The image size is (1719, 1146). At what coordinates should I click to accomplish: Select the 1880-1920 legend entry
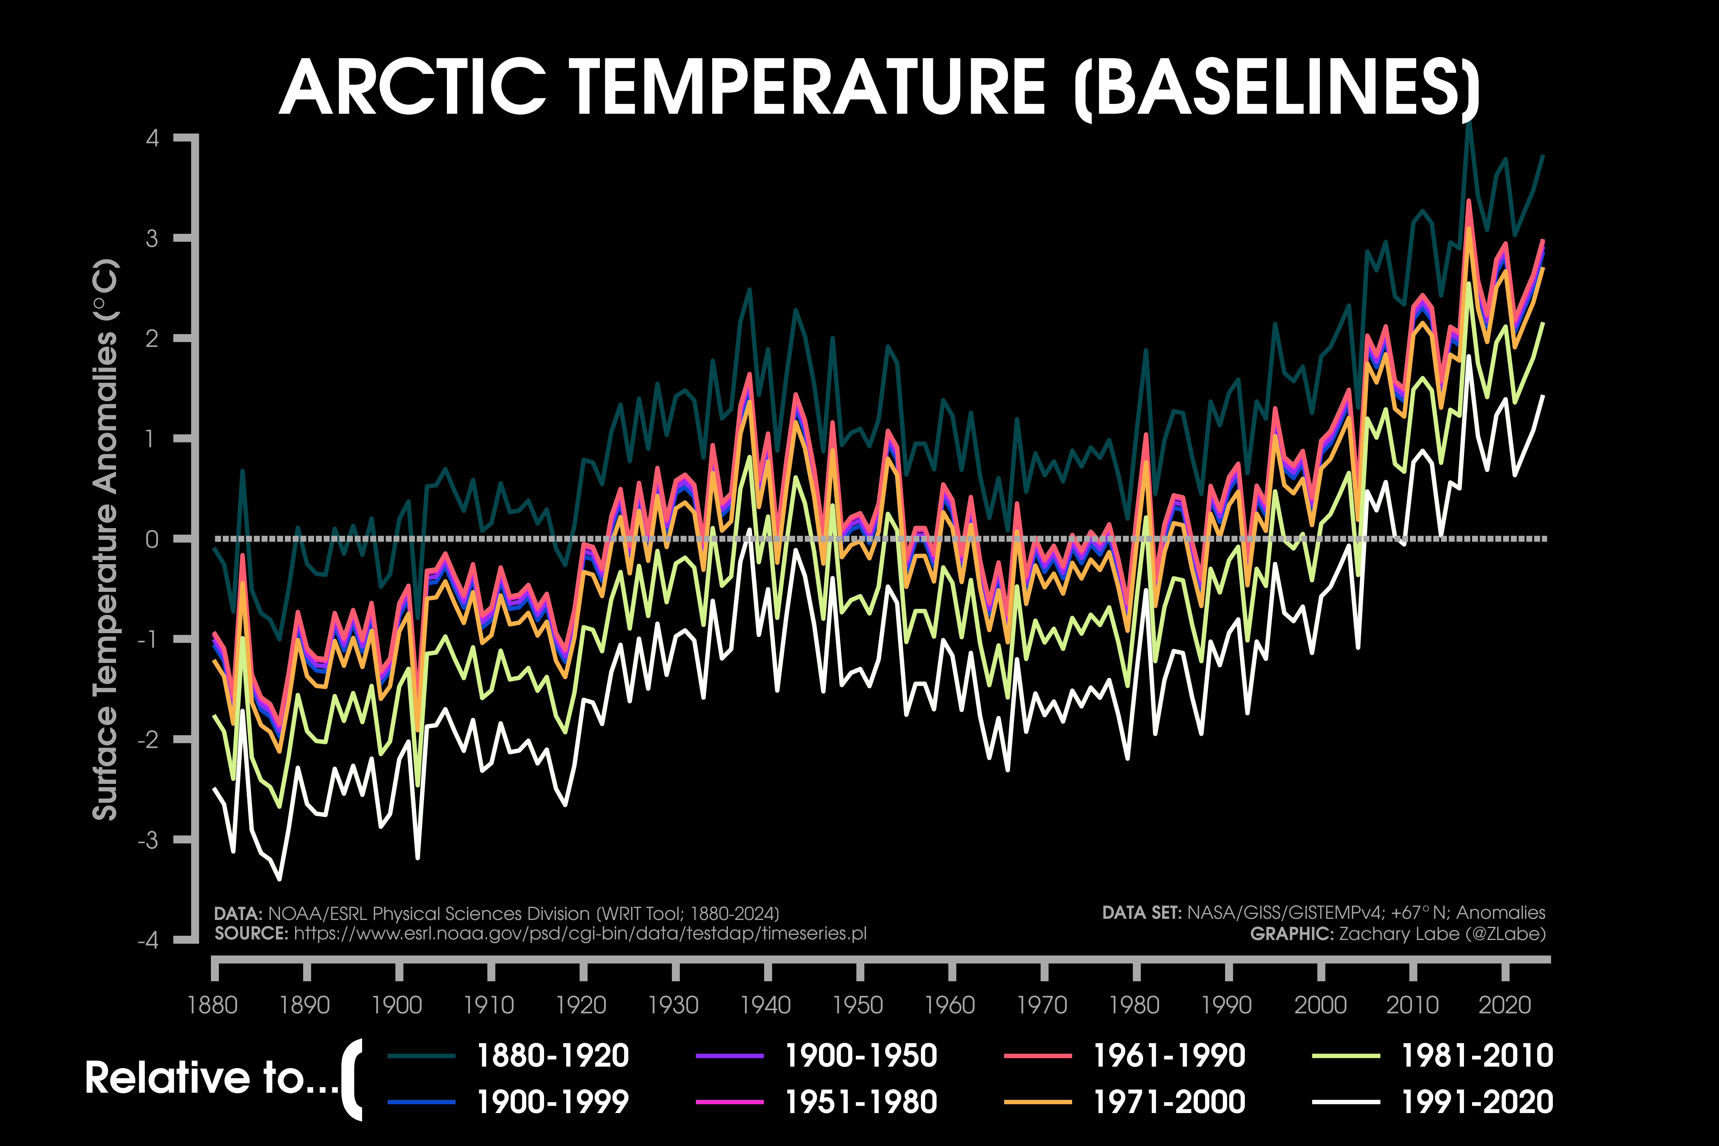click(553, 1055)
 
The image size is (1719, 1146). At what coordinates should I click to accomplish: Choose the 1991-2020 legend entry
click(1477, 1101)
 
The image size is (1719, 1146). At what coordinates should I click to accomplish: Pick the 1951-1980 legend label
click(861, 1101)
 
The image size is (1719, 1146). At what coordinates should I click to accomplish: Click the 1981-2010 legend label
click(1477, 1055)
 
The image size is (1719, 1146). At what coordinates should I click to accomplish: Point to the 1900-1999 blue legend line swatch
click(422, 1101)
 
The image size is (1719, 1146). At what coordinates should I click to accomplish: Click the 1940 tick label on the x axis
click(766, 1005)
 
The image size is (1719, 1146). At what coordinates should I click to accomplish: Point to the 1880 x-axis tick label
click(213, 1005)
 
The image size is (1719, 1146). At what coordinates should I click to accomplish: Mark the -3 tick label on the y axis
click(148, 840)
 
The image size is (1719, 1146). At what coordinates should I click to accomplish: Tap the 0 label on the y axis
click(152, 539)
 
